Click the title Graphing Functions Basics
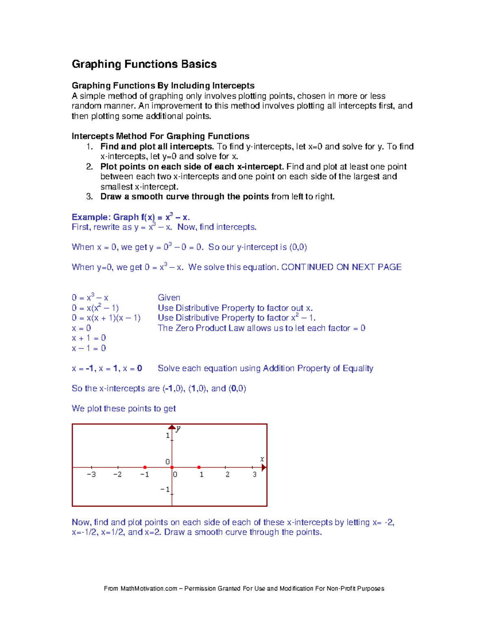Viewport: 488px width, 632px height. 144,64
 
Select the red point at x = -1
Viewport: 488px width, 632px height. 145,468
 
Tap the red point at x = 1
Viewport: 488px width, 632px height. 199,468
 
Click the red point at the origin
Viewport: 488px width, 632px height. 172,468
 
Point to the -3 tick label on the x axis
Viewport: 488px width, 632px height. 91,475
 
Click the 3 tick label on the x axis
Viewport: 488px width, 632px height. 255,475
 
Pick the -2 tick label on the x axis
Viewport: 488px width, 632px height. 117,475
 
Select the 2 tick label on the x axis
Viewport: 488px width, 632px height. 227,475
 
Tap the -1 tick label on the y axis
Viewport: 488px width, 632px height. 165,490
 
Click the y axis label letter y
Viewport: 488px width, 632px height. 179,429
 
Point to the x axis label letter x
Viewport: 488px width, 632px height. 262,459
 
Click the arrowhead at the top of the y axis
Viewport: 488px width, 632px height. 172,427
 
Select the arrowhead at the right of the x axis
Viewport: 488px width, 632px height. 264,468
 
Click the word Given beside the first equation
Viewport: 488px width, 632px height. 169,298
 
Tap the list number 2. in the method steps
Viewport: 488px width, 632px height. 89,167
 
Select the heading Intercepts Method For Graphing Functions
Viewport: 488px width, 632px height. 160,136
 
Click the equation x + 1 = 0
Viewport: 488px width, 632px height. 89,338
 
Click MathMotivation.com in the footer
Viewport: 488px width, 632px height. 149,588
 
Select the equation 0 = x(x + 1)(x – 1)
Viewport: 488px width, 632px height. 106,318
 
